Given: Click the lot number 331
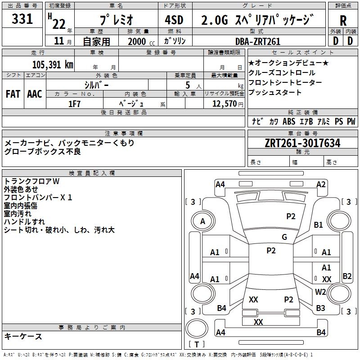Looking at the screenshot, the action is pyautogui.click(x=22, y=19).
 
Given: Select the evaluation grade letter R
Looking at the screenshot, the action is pyautogui.click(x=343, y=21).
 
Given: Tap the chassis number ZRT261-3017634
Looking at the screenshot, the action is pyautogui.click(x=302, y=143).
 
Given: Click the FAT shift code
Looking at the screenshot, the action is pyautogui.click(x=13, y=94).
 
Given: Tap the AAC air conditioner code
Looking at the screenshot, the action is pyautogui.click(x=35, y=94).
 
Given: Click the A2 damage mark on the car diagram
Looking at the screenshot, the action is pyautogui.click(x=321, y=184).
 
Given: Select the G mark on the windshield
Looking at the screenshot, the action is pyautogui.click(x=284, y=237).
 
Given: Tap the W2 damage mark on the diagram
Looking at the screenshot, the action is pyautogui.click(x=320, y=292).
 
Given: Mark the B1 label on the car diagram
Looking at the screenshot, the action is pyautogui.click(x=319, y=225).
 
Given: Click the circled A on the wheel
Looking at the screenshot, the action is pyautogui.click(x=202, y=221).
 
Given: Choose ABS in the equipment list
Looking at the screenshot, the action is pyautogui.click(x=289, y=121).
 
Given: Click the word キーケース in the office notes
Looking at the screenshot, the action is pyautogui.click(x=23, y=336).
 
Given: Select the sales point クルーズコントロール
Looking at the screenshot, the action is pyautogui.click(x=282, y=73).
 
